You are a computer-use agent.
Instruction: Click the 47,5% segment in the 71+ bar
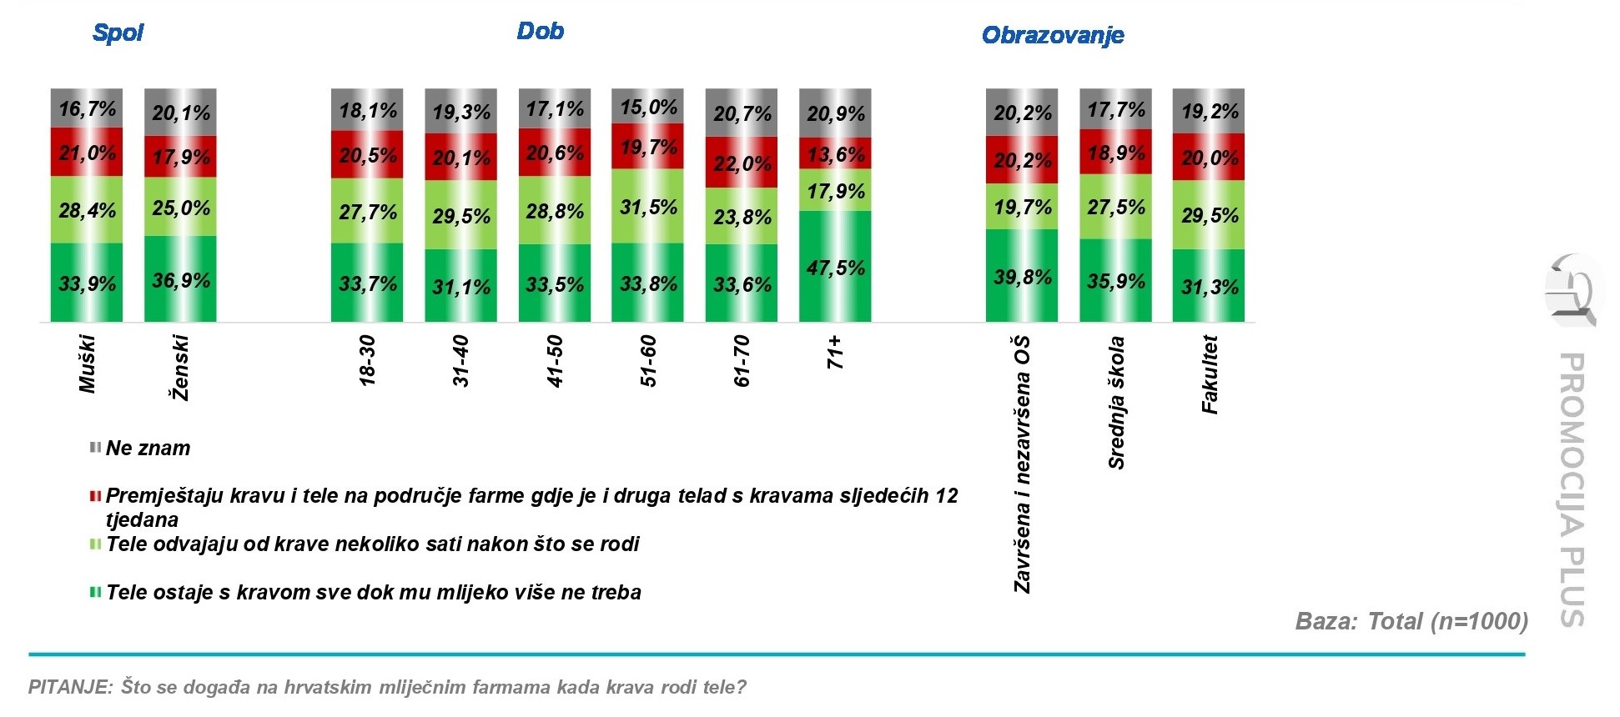pos(835,267)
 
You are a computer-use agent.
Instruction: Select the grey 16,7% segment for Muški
pos(87,108)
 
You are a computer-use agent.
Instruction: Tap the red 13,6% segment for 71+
pos(835,154)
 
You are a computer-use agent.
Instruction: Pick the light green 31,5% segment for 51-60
pos(647,207)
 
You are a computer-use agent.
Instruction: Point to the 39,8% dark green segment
pos(1022,276)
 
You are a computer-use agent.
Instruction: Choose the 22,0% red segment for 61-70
pos(742,163)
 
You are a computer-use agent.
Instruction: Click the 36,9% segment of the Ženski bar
pos(180,279)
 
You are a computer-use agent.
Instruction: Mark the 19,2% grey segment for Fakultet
pos(1209,112)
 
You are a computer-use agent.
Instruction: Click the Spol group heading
pos(118,33)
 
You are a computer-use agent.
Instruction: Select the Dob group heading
pos(540,31)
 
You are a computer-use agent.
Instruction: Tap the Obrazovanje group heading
pos(1053,35)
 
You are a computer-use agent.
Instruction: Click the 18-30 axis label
pos(367,360)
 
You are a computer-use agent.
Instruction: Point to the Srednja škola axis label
pos(1116,402)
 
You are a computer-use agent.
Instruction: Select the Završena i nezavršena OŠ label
pos(1022,464)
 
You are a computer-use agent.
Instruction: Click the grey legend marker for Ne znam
pos(95,448)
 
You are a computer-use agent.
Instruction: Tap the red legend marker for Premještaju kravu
pos(95,496)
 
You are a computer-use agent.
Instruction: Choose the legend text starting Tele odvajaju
pos(372,544)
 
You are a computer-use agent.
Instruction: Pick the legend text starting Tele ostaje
pos(373,593)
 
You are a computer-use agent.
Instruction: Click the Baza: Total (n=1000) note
pos(1411,621)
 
